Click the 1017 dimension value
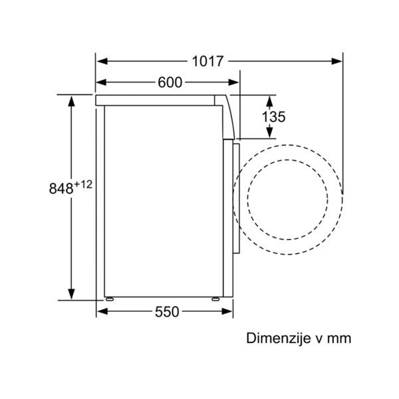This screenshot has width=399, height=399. point(207,61)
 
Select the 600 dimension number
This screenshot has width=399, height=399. point(170,82)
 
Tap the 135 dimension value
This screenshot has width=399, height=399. point(273,117)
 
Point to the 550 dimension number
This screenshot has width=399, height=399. point(167,312)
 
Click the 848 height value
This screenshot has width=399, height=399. point(61,189)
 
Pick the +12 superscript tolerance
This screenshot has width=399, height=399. point(83,184)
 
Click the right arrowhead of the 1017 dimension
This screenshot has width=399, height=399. point(336,61)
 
